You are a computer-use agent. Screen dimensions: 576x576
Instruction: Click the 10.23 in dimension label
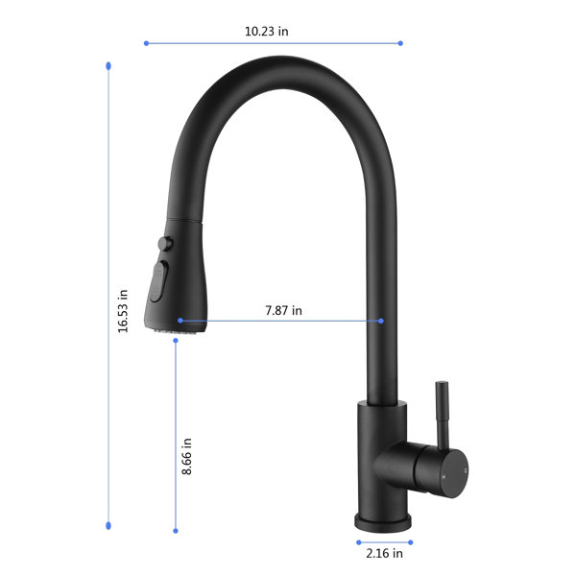266,32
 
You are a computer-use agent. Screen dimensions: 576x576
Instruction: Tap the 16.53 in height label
123,311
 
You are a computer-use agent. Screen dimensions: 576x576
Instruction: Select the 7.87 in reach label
283,311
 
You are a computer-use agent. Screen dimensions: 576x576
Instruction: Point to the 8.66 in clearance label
187,456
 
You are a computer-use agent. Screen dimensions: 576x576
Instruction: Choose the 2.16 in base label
384,553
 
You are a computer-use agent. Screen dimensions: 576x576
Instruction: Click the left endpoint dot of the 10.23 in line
146,43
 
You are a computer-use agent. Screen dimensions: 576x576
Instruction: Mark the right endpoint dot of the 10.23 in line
400,43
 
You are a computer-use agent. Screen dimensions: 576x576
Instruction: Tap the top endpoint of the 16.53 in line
108,66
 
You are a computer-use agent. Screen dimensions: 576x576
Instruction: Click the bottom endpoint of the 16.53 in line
108,526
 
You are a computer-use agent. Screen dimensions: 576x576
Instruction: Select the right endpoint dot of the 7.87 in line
381,321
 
